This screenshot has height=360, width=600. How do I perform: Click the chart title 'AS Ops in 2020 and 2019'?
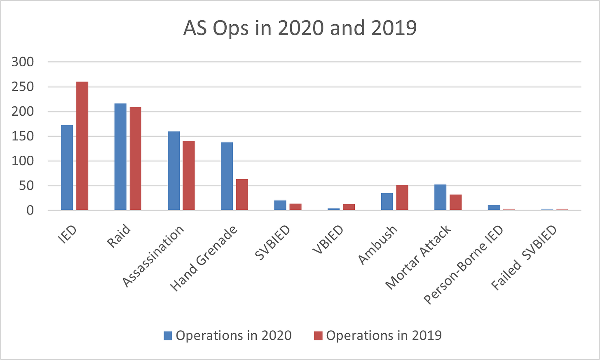pyautogui.click(x=300, y=28)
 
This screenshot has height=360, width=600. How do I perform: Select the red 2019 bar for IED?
pyautogui.click(x=82, y=146)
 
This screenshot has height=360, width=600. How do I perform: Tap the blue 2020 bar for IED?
pyautogui.click(x=67, y=168)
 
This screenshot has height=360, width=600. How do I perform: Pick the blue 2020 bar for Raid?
pyautogui.click(x=120, y=157)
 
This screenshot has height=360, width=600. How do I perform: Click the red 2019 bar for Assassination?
pyautogui.click(x=189, y=175)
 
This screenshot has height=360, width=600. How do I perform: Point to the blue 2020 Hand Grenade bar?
pyautogui.click(x=227, y=176)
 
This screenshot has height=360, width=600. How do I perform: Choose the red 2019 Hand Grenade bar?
pyautogui.click(x=242, y=194)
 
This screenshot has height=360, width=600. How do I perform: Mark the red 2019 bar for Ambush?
pyautogui.click(x=402, y=198)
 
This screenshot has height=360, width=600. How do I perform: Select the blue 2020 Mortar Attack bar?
pyautogui.click(x=441, y=197)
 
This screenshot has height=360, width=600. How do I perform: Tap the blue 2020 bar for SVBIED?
pyautogui.click(x=280, y=205)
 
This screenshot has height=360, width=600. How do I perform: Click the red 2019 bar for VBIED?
pyautogui.click(x=349, y=207)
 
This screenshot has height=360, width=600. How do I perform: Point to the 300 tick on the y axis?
pyautogui.click(x=23, y=62)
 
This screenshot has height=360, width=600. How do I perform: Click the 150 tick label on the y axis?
pyautogui.click(x=23, y=136)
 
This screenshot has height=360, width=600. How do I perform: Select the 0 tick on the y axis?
pyautogui.click(x=30, y=210)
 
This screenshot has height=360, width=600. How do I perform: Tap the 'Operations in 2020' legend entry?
pyautogui.click(x=227, y=335)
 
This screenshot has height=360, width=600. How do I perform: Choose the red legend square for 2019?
pyautogui.click(x=318, y=336)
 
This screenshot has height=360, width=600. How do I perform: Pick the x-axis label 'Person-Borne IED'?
pyautogui.click(x=463, y=265)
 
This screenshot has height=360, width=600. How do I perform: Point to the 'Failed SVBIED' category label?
pyautogui.click(x=524, y=258)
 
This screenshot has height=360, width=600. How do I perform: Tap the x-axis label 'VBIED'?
pyautogui.click(x=328, y=240)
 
